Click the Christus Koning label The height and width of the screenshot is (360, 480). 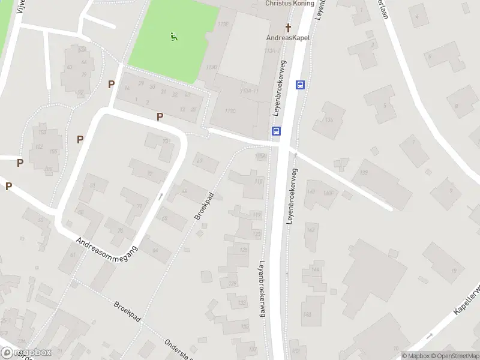[x=289, y=3]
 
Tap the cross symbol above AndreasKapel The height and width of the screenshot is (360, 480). [x=288, y=28]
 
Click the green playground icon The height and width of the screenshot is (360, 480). [x=173, y=37]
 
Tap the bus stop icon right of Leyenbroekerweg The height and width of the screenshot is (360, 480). [x=300, y=85]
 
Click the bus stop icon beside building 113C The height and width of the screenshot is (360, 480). [x=276, y=131]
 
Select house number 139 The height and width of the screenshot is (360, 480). [x=364, y=173]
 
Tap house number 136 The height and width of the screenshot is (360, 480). [x=329, y=120]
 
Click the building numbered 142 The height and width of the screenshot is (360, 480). [x=311, y=230]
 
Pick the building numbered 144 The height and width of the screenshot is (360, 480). [x=315, y=271]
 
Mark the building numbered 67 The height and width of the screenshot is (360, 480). [x=199, y=161]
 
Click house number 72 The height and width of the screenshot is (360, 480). [x=149, y=175]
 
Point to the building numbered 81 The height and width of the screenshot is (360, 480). [x=92, y=186]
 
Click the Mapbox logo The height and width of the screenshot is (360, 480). [x=27, y=353]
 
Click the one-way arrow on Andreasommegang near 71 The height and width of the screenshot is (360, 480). [x=160, y=196]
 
